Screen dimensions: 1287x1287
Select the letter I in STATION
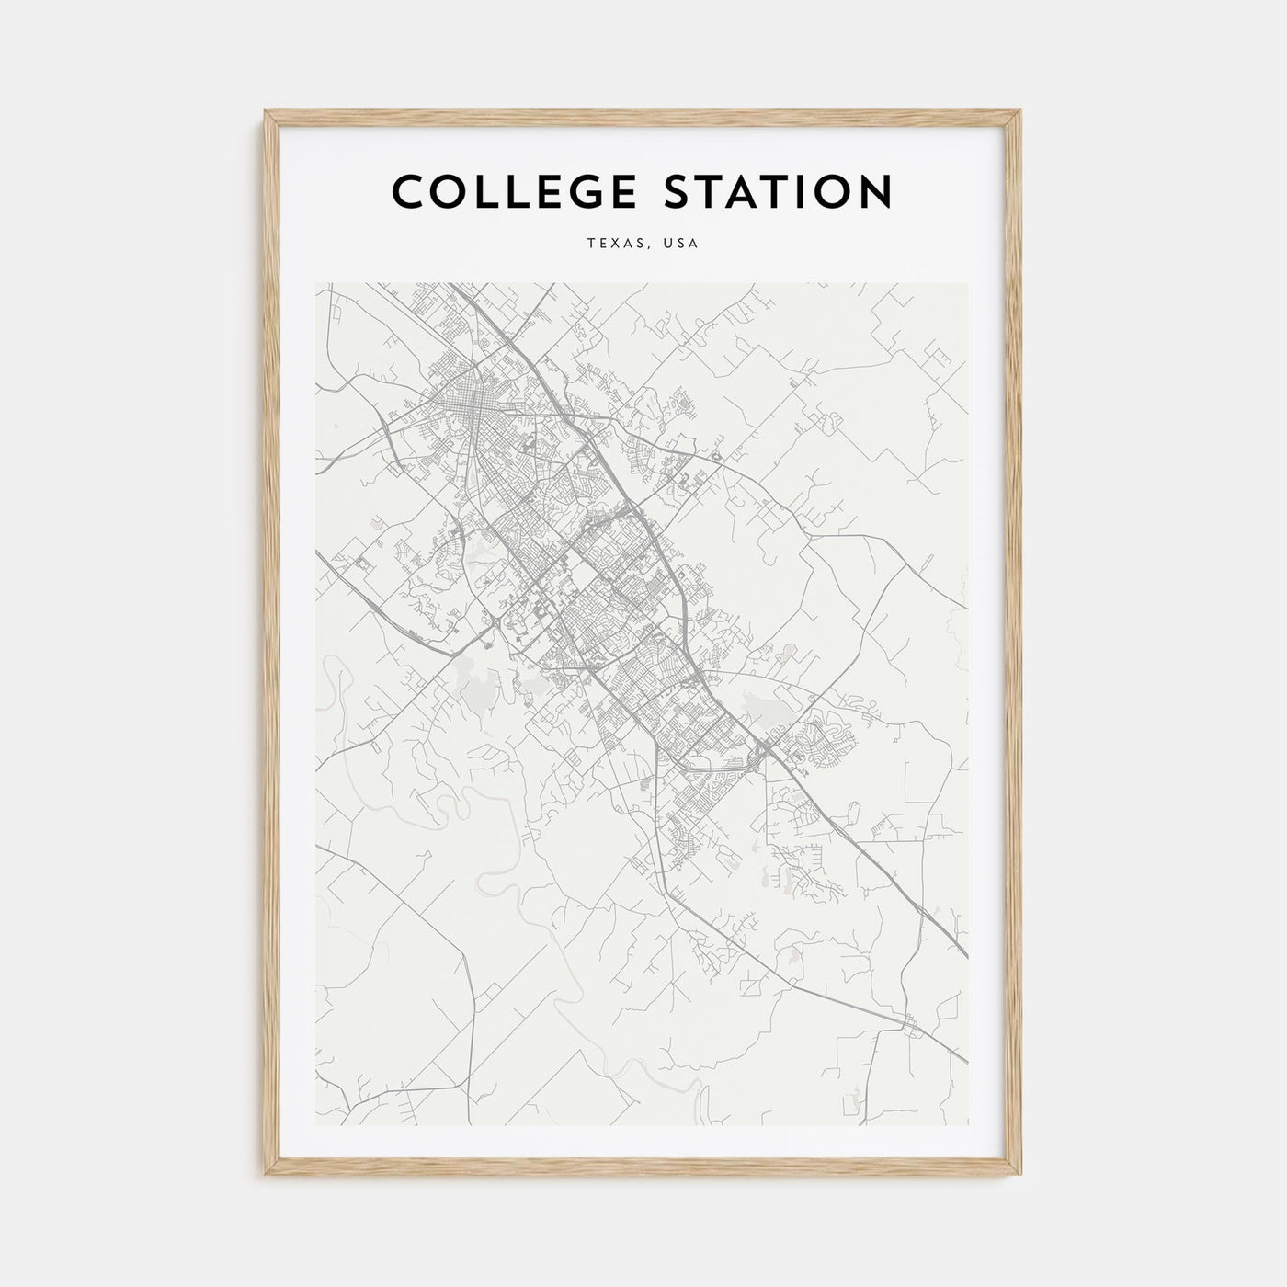tap(790, 191)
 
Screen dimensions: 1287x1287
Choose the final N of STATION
tap(875, 191)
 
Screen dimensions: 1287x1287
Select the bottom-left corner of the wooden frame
tap(266, 1177)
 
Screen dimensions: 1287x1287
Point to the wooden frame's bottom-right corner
tap(1021, 1177)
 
